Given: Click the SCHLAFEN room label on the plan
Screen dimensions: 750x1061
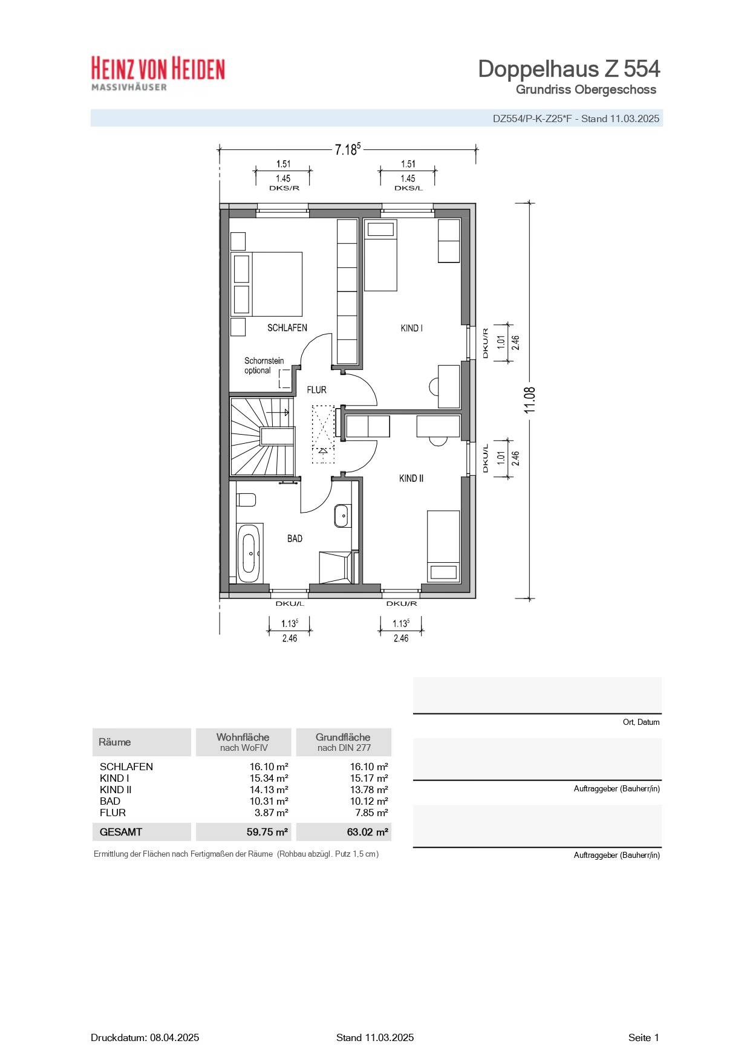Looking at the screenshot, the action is coord(287,328).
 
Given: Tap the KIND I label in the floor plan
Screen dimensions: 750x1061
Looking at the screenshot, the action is coord(411,328).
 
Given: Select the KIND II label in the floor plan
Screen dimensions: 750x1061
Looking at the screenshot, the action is coord(411,478).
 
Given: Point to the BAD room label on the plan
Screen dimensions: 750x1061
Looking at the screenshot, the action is coord(295,539).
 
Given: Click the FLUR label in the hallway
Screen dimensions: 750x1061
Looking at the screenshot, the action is coord(316,390).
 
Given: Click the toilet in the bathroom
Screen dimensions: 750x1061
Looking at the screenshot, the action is coord(246,500).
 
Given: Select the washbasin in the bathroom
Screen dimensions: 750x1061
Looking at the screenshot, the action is coord(342,516).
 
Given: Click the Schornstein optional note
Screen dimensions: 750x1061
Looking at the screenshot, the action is coord(264,366).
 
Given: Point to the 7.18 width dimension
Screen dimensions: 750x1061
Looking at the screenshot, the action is coord(347,149).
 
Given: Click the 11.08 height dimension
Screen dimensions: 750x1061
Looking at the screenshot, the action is coord(530,400).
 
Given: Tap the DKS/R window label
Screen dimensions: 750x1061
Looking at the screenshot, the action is coord(284,188).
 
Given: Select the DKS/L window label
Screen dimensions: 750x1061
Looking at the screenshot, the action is coord(408,188).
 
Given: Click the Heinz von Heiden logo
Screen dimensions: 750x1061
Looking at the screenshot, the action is coord(158,73).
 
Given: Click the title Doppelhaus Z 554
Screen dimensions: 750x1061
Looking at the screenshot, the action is coord(569,69).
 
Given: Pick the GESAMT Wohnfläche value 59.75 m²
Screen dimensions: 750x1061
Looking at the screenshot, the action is coord(267,832).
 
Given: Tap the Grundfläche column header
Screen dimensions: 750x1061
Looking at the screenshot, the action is coord(343,742).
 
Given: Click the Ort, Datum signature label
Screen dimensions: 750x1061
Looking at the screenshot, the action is coord(641,722).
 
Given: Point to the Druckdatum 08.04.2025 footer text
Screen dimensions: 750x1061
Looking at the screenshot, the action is coord(145,1037).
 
